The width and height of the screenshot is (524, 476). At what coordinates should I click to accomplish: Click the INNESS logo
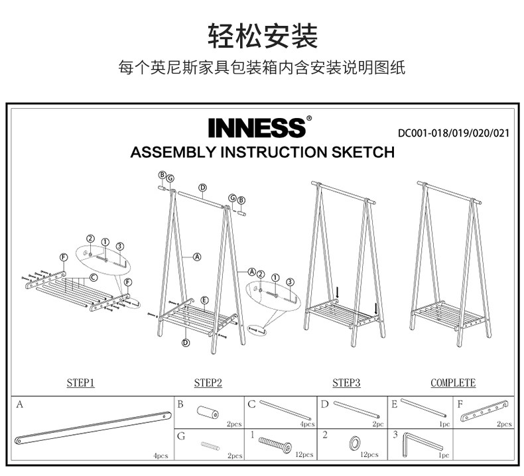tap(257, 127)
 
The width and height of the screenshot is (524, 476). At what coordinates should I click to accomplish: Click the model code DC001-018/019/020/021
tap(454, 133)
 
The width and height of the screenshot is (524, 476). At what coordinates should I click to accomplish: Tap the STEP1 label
tap(81, 383)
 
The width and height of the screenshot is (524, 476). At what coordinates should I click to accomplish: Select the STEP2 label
tap(208, 383)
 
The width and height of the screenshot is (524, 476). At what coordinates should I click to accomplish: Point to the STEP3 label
tap(346, 383)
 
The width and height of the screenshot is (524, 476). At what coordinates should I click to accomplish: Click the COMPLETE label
tap(453, 383)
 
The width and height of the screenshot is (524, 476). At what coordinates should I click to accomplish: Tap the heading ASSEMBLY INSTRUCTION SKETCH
tap(263, 152)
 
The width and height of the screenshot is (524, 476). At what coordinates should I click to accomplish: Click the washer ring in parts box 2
tap(356, 442)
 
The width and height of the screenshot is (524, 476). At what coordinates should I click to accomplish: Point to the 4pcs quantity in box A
tap(160, 456)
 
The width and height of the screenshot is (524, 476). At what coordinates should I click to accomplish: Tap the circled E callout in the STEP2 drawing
tap(205, 300)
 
